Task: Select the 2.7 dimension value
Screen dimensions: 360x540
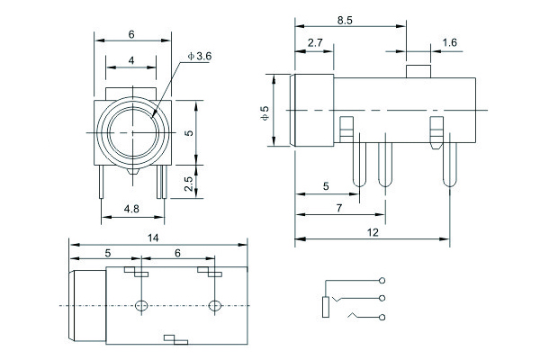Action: click(315, 42)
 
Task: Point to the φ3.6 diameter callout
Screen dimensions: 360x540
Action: click(200, 56)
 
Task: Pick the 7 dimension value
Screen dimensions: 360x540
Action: click(339, 209)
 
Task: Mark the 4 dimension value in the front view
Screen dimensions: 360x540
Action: click(131, 60)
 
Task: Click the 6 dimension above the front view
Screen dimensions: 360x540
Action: click(131, 34)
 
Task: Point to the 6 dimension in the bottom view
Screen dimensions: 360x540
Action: click(177, 254)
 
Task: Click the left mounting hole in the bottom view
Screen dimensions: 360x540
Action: click(140, 307)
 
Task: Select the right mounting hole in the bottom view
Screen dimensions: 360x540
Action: click(214, 307)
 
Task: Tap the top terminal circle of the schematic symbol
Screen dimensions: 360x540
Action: click(383, 279)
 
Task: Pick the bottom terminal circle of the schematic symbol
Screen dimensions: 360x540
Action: click(383, 316)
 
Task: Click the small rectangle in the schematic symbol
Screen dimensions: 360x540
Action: click(325, 306)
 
